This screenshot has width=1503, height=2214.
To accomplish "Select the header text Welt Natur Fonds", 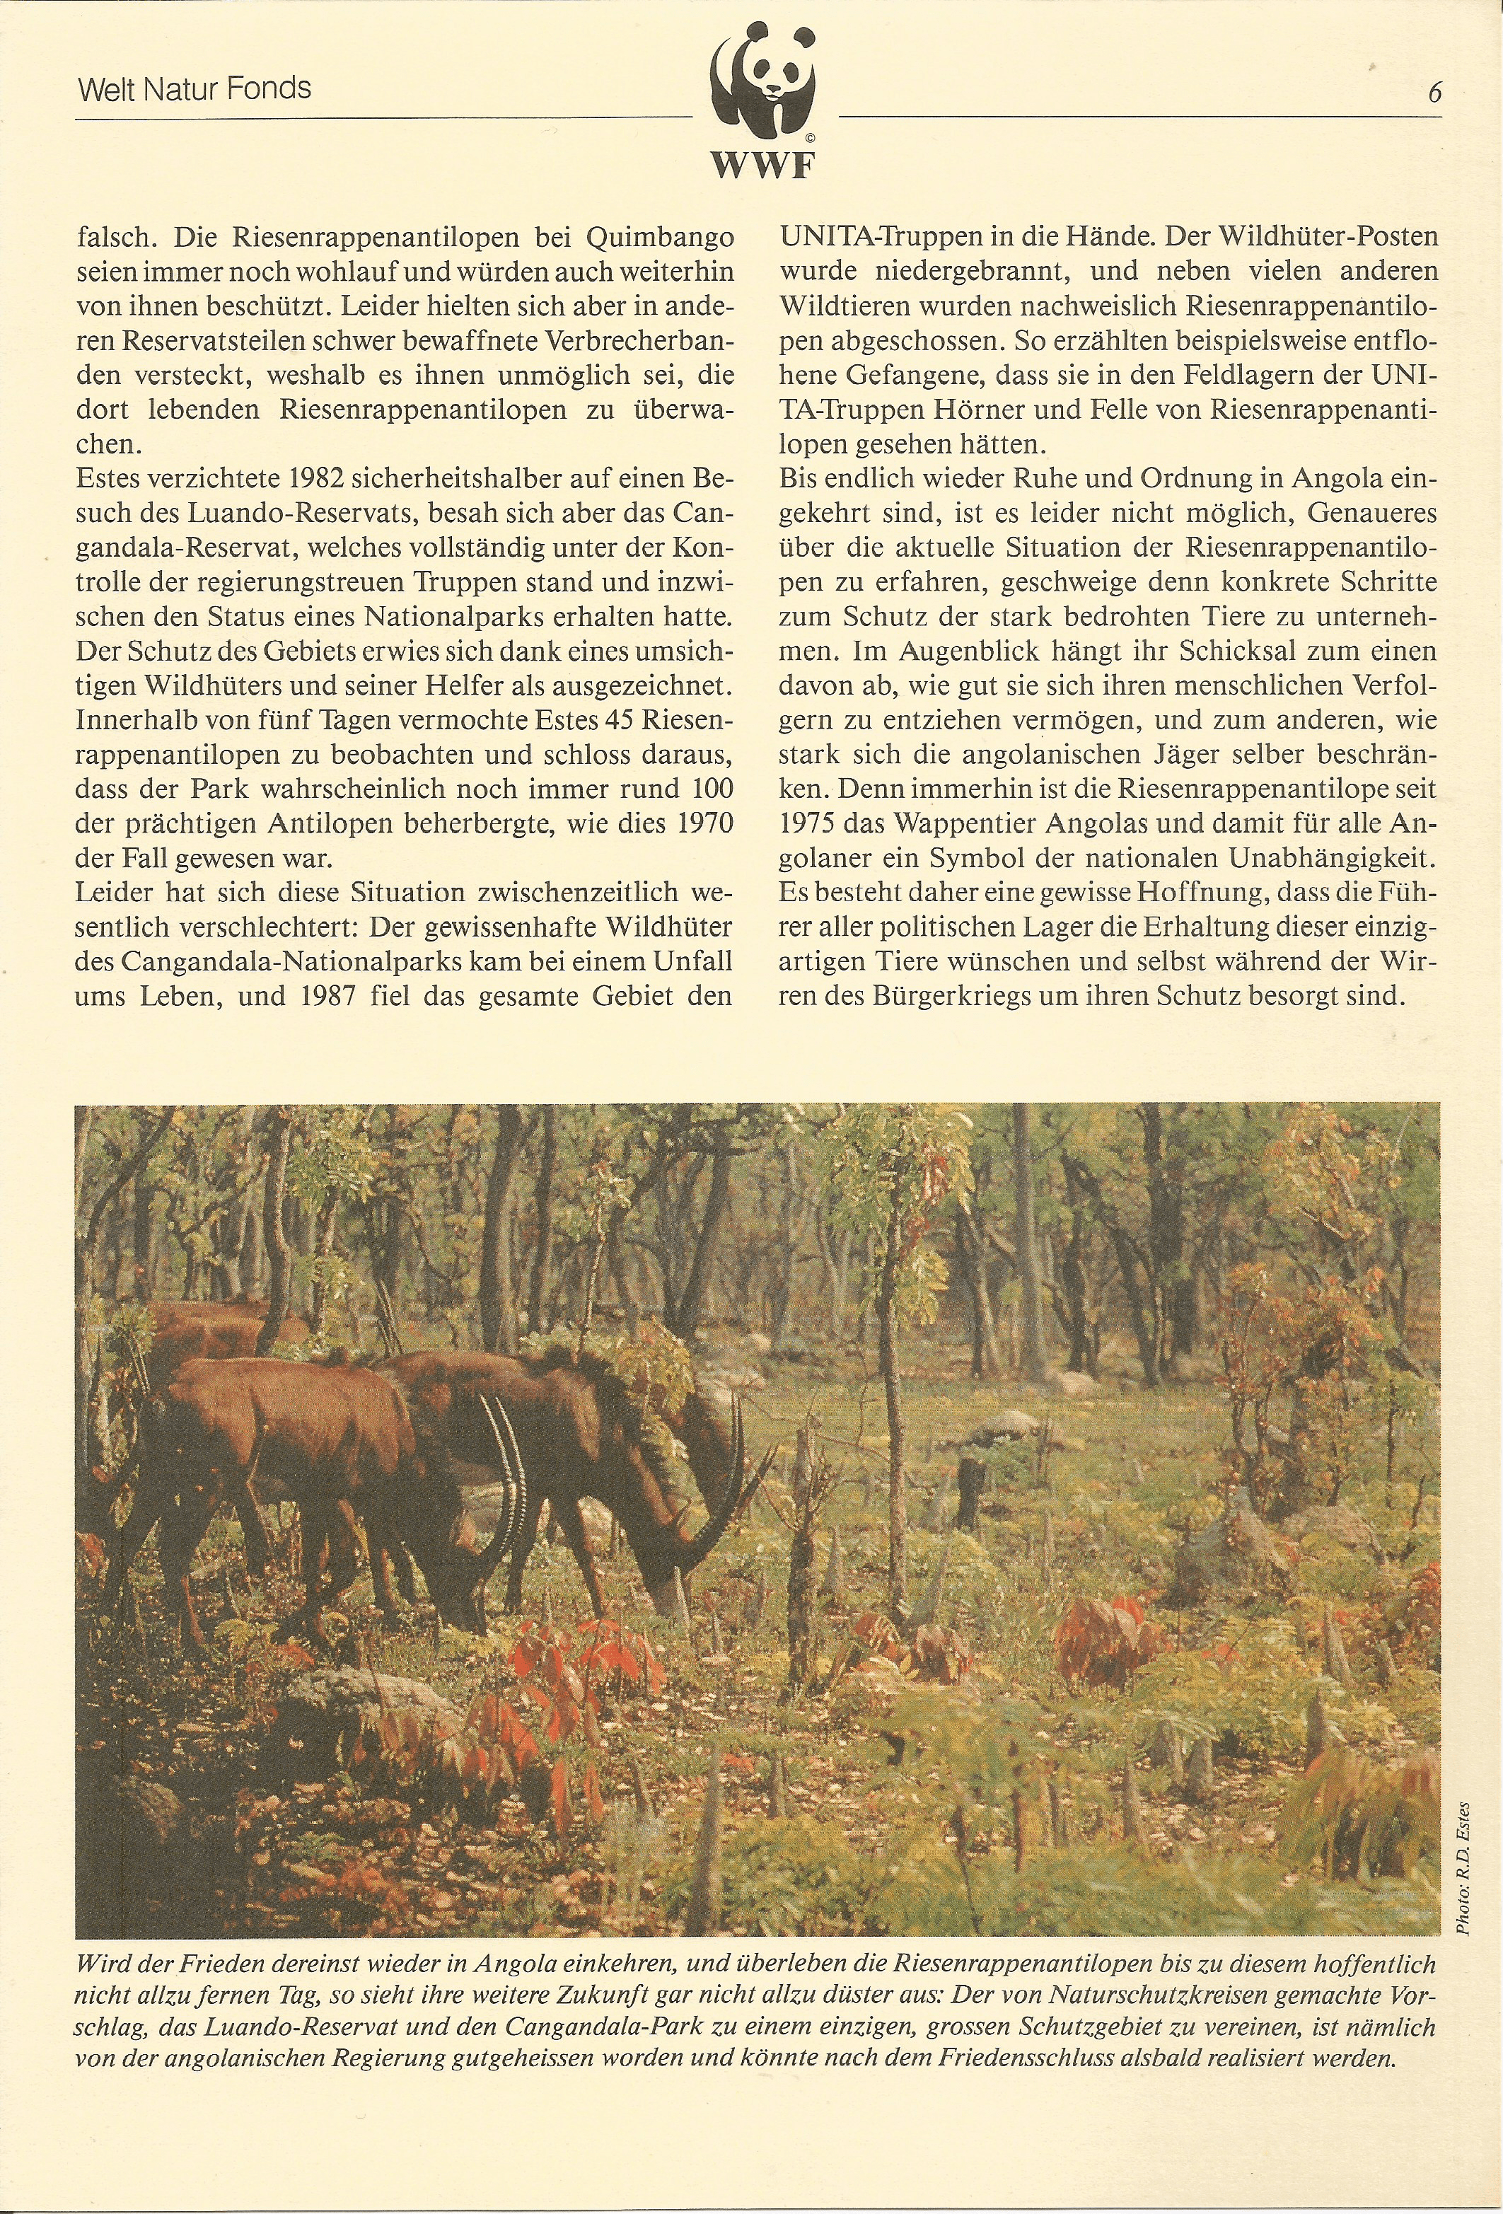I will point(195,90).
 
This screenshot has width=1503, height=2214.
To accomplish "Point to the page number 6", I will point(1434,93).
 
